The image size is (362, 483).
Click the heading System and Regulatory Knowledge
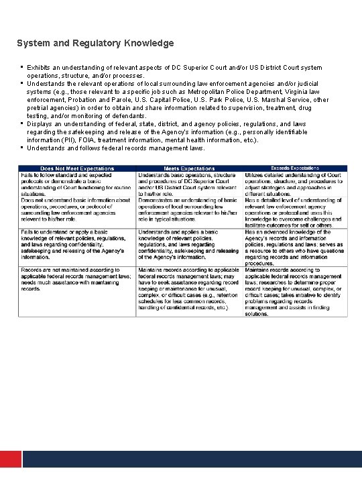(x=95, y=43)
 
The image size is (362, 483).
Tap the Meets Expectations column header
(x=190, y=168)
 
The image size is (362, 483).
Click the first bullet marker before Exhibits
(x=22, y=67)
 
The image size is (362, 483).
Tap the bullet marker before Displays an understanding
(x=22, y=123)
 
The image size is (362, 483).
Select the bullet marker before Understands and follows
(x=22, y=147)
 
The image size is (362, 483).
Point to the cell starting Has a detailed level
(x=296, y=213)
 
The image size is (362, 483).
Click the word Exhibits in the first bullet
(x=39, y=68)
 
